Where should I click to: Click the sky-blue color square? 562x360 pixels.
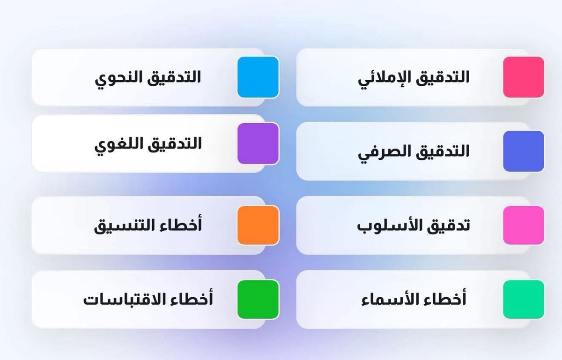258,77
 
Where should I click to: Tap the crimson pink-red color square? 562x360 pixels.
524,77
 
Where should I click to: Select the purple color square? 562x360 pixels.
258,143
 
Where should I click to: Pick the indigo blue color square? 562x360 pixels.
524,151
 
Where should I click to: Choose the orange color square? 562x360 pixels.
258,225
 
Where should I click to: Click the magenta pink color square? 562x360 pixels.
524,225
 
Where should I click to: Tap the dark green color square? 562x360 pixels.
258,299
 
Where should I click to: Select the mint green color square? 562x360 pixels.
524,299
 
